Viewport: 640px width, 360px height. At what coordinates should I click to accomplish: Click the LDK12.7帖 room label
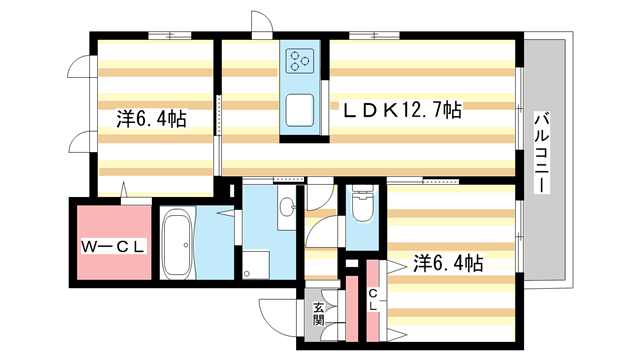pos(403,112)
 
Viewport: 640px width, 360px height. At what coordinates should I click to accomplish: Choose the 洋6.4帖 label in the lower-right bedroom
pos(448,263)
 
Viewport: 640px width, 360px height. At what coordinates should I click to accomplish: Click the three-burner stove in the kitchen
pos(300,61)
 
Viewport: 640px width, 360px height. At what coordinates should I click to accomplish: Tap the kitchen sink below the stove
pos(300,109)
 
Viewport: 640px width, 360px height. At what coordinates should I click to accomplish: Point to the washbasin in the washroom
pos(286,207)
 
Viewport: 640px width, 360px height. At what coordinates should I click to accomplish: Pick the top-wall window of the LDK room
pos(375,37)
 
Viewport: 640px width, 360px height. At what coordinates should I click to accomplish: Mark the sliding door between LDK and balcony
pos(521,110)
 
